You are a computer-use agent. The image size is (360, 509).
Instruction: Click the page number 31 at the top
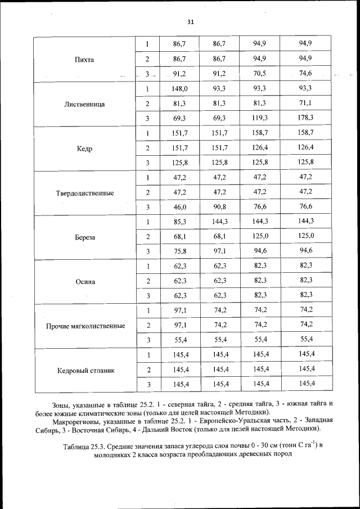click(x=190, y=21)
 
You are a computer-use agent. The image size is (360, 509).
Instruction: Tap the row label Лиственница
click(x=84, y=104)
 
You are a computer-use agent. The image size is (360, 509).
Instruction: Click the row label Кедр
click(x=84, y=148)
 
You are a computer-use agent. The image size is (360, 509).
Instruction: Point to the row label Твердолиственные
click(x=84, y=193)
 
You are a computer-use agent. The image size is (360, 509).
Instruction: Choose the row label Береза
click(x=84, y=237)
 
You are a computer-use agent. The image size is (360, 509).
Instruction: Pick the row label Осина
click(x=84, y=282)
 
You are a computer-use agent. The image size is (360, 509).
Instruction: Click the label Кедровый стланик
click(x=84, y=371)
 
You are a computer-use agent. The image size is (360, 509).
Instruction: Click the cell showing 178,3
click(x=306, y=118)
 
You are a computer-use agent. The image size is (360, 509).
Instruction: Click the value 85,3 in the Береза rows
click(x=179, y=222)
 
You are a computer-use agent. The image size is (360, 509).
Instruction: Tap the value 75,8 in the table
click(x=179, y=251)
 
